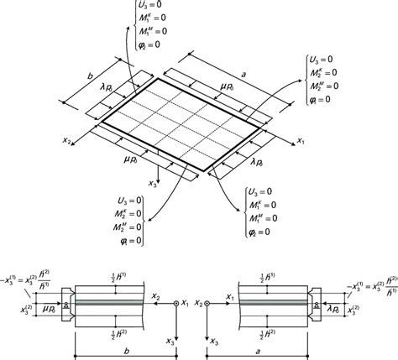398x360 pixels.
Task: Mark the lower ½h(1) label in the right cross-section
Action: pyautogui.click(x=275, y=333)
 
